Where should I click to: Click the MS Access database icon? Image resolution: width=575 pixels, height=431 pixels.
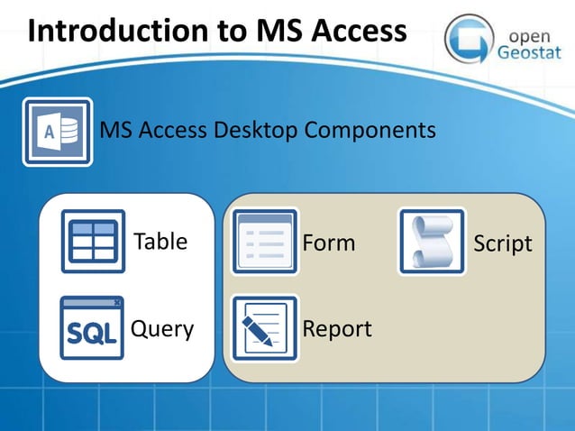tap(58, 132)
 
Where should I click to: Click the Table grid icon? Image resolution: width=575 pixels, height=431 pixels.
tap(93, 242)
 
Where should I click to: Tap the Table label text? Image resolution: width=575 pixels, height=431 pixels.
tap(160, 242)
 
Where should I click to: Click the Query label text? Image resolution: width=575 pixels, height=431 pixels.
tap(162, 329)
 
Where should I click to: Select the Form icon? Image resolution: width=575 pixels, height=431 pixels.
tap(264, 242)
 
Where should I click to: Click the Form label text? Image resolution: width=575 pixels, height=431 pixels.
tap(329, 243)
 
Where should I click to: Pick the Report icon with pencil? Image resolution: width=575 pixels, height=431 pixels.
tap(264, 328)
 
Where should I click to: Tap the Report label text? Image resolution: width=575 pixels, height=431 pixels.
tap(337, 329)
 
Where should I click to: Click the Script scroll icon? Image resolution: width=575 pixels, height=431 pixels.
tap(432, 242)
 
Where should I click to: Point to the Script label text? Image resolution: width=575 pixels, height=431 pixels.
tap(503, 243)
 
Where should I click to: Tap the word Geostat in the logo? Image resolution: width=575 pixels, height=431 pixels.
tap(534, 50)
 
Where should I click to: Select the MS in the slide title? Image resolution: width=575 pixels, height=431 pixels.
tap(257, 31)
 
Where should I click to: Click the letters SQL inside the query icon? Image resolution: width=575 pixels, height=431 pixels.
tap(91, 335)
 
